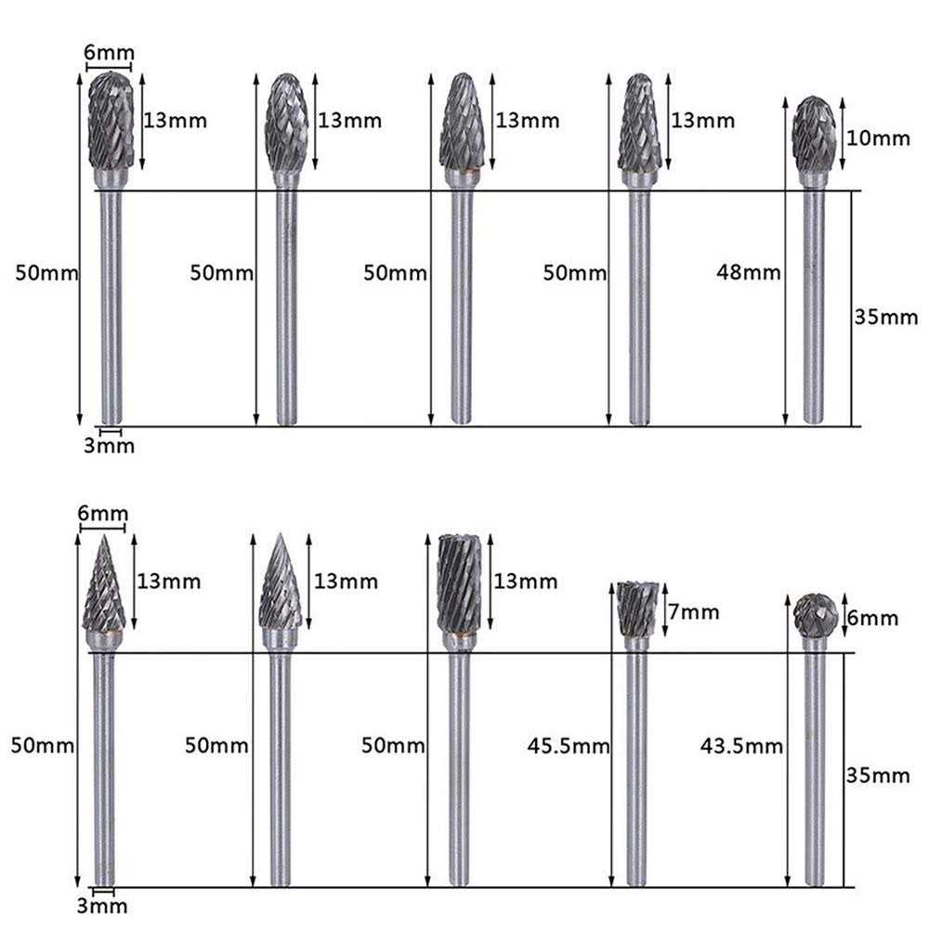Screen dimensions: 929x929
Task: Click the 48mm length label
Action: [x=749, y=273]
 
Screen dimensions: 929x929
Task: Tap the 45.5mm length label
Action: [x=569, y=745]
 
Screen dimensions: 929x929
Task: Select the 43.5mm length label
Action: [x=741, y=745]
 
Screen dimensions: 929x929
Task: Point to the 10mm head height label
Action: [x=879, y=139]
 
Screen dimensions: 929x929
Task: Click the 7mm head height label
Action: [x=693, y=612]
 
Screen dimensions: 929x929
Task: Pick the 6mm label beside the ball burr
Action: [x=874, y=619]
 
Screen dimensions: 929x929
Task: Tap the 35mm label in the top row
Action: [x=885, y=318]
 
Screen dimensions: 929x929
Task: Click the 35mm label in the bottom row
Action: [x=878, y=775]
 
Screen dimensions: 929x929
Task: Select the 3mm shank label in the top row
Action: [x=110, y=446]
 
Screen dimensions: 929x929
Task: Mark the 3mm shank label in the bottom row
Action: [x=103, y=906]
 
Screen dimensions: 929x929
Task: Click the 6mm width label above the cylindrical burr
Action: [x=109, y=54]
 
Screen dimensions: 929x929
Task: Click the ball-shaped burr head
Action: [x=816, y=614]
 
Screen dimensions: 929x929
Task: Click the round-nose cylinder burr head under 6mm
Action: [x=111, y=122]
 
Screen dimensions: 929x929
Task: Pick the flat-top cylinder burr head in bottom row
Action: [x=460, y=583]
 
